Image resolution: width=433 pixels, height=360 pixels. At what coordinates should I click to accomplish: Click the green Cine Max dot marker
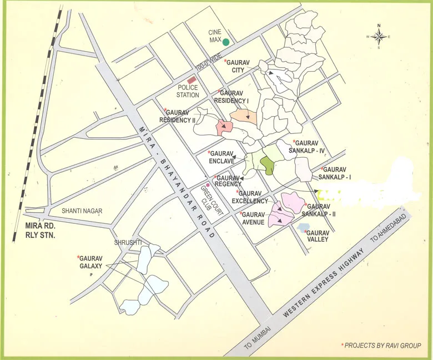click(226, 42)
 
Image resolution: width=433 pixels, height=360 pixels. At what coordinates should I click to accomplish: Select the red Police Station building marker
click(193, 82)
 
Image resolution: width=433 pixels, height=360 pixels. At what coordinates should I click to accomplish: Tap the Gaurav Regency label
click(228, 181)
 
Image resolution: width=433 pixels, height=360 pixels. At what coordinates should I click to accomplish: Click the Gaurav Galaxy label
click(90, 262)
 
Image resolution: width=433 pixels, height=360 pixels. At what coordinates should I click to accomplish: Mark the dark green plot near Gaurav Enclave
click(268, 165)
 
